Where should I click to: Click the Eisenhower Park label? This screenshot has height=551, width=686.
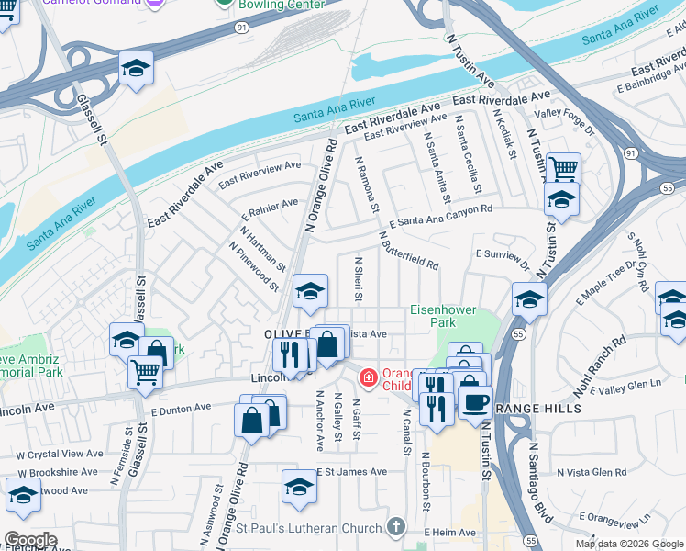click(x=443, y=317)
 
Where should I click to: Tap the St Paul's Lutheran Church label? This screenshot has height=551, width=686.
click(x=308, y=528)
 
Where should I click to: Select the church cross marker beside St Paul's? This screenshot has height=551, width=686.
click(x=396, y=527)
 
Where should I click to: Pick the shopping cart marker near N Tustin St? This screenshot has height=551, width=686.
click(x=563, y=169)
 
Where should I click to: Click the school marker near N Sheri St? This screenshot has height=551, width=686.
click(x=310, y=292)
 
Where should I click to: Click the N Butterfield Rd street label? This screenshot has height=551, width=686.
click(x=408, y=248)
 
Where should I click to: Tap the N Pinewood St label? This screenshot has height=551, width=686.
click(x=254, y=267)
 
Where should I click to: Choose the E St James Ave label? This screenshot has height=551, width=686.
click(x=352, y=471)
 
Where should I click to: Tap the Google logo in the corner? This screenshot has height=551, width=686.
click(x=30, y=540)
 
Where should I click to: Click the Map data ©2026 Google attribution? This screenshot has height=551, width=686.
click(x=628, y=544)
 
